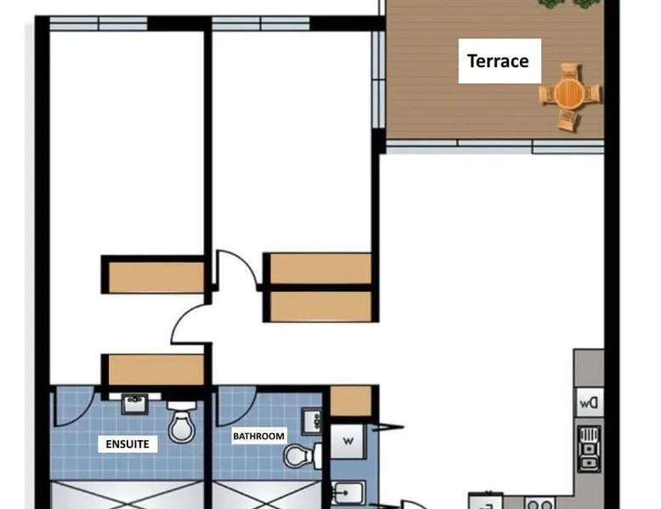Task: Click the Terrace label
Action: tap(498, 61)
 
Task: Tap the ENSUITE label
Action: tap(127, 444)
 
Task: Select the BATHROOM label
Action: tap(258, 436)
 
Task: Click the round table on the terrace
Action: tap(569, 93)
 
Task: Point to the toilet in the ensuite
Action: tap(182, 421)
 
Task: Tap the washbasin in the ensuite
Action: tap(134, 404)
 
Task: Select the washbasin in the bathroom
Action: tap(313, 421)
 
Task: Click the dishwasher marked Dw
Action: tap(589, 403)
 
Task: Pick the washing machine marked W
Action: tap(347, 442)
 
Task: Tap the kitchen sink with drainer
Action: tap(590, 449)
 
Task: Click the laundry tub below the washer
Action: tap(347, 493)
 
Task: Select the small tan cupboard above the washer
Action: tap(350, 401)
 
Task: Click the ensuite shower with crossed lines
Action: tap(127, 495)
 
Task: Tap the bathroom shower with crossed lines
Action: tap(267, 495)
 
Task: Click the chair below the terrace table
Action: tap(568, 119)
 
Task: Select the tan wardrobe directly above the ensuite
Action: tap(156, 370)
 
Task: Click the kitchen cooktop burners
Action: tap(540, 504)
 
